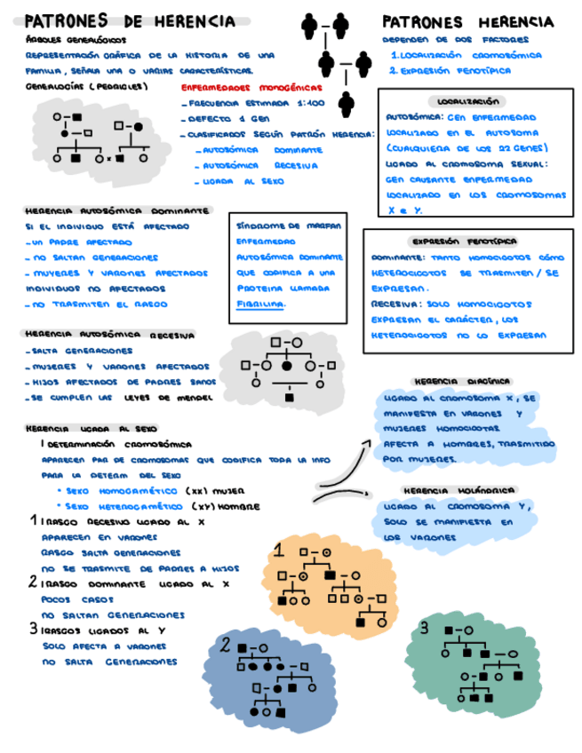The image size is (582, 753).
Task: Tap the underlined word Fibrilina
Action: (x=260, y=304)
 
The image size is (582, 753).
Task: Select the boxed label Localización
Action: (x=468, y=101)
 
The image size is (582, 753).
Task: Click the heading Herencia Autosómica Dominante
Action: (x=116, y=211)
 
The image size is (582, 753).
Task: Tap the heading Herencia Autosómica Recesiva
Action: (x=111, y=335)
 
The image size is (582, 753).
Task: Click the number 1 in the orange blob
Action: (x=278, y=551)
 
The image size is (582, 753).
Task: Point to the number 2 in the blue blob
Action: (x=227, y=645)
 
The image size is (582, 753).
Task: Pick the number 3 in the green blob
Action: (x=426, y=628)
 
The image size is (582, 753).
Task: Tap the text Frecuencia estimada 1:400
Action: (x=254, y=104)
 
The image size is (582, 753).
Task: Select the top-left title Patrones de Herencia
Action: (x=130, y=20)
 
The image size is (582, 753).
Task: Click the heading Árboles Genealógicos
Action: (x=76, y=40)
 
